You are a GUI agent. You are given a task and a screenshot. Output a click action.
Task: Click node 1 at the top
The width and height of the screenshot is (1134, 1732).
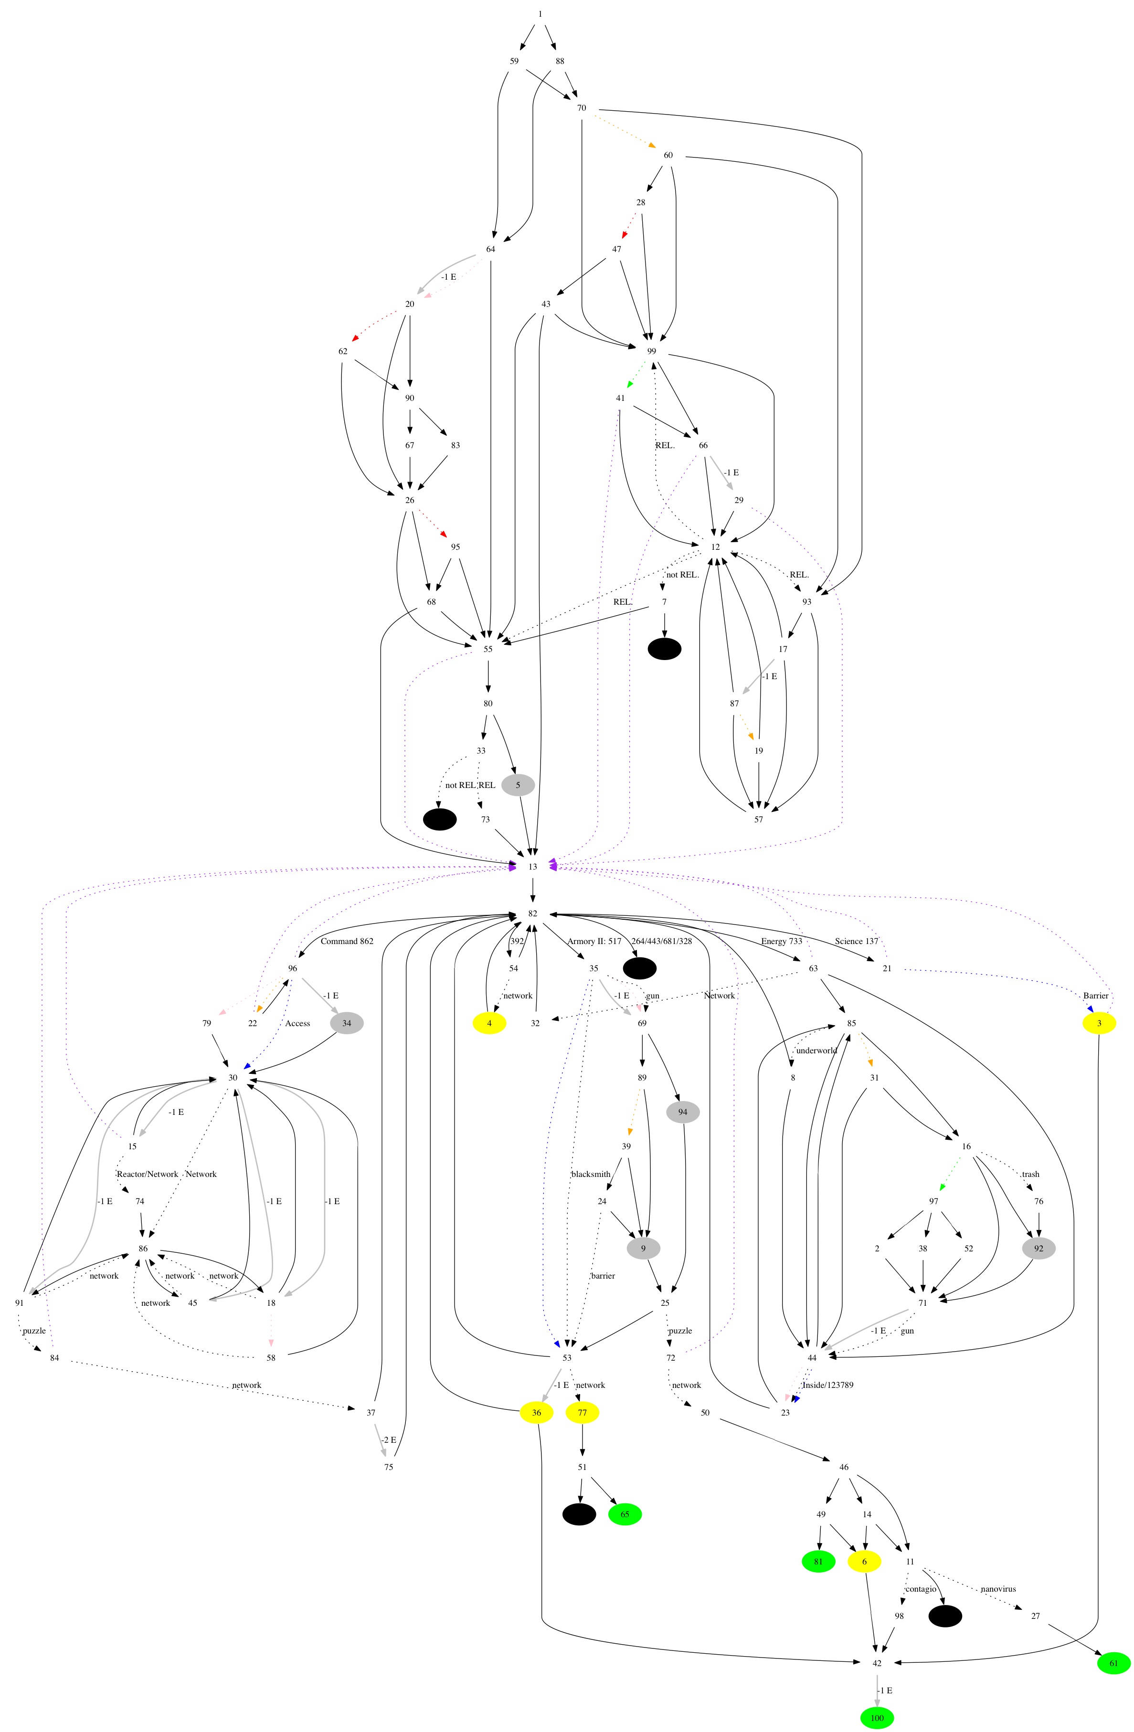click(540, 14)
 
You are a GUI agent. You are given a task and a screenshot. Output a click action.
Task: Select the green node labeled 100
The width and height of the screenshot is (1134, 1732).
click(877, 1718)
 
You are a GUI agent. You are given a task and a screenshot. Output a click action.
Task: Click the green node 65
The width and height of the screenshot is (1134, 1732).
click(625, 1514)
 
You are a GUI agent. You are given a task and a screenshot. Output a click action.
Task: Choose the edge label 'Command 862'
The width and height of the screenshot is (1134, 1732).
click(347, 941)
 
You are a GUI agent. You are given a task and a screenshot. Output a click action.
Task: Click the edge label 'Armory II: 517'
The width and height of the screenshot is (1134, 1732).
click(594, 941)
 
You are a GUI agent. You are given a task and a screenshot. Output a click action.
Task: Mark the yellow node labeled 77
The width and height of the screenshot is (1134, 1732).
click(583, 1413)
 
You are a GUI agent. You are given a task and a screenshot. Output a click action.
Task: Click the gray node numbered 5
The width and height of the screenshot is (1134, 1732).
click(518, 785)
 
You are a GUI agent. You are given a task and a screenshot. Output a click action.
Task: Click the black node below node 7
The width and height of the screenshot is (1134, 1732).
click(665, 649)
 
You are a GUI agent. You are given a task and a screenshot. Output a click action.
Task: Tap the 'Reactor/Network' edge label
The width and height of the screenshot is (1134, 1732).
click(147, 1174)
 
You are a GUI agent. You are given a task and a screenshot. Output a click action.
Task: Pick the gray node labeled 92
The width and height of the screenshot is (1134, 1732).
click(1038, 1248)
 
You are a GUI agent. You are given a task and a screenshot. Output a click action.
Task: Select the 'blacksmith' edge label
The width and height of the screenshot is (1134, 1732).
click(590, 1174)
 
